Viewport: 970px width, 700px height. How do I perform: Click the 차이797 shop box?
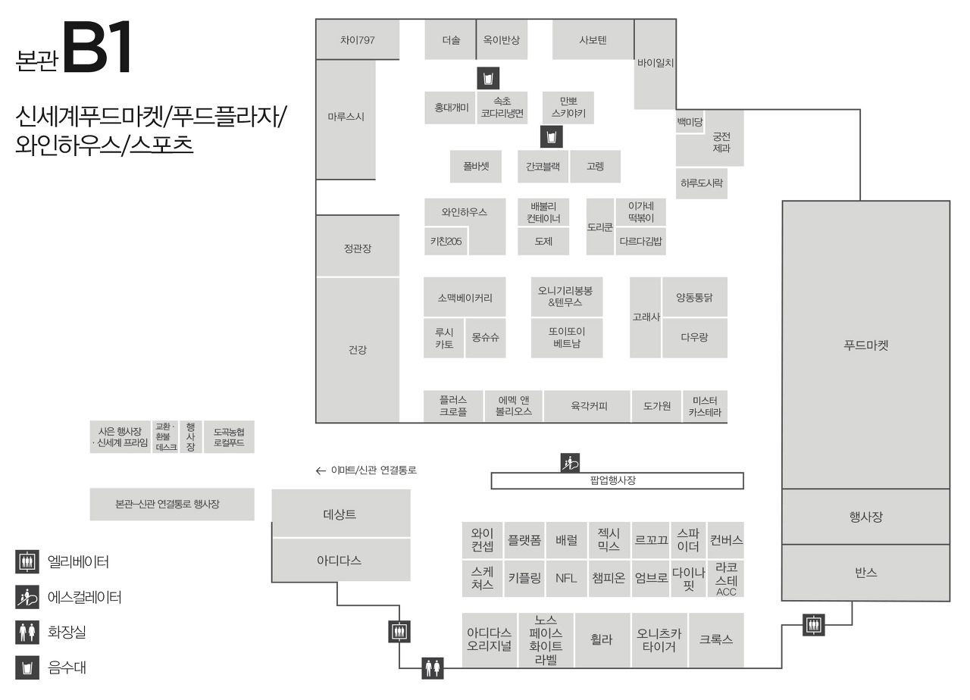coord(357,40)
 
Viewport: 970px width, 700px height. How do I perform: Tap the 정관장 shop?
coord(357,248)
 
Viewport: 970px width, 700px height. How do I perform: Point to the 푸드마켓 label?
coord(865,345)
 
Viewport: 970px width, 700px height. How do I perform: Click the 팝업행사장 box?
coord(617,480)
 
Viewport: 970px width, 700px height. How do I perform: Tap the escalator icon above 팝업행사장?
coord(570,462)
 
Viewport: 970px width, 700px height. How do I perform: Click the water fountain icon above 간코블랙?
coord(551,137)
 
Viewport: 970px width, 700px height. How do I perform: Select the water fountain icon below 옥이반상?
coord(488,78)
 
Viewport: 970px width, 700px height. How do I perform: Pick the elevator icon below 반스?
coord(814,625)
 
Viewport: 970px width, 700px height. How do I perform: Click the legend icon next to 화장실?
coord(27,631)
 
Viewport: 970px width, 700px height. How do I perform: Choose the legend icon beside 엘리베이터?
coord(27,562)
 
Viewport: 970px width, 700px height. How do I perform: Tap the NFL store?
coord(566,578)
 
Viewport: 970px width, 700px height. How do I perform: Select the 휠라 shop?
coord(601,639)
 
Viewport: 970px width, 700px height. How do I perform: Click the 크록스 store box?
coord(716,639)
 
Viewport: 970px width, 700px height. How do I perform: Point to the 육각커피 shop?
coord(588,406)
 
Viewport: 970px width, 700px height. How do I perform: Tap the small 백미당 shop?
coord(690,121)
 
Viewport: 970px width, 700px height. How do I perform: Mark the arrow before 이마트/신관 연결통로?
coord(321,470)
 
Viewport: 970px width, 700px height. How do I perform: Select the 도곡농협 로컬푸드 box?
coord(229,437)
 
